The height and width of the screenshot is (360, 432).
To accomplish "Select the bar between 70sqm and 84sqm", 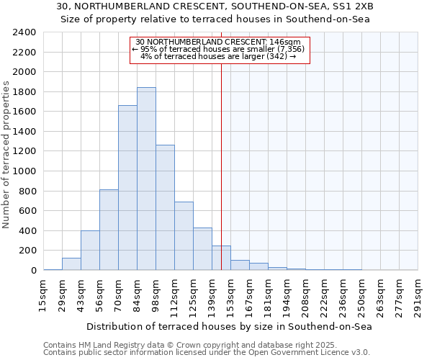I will (x=127, y=188).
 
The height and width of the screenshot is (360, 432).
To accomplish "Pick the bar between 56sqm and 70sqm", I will (x=109, y=230).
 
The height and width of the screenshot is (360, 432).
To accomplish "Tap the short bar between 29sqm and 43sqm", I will (x=71, y=264).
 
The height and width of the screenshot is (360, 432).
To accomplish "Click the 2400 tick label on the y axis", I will (x=24, y=32).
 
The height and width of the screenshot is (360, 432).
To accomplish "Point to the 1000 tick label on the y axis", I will (x=24, y=171).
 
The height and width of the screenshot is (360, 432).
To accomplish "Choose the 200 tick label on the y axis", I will (x=27, y=251).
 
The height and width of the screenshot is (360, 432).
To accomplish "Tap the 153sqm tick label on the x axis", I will (x=230, y=296).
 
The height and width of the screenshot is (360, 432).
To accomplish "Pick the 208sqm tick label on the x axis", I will (x=305, y=296).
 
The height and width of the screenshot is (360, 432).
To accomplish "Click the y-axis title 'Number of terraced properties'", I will (x=6, y=155).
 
